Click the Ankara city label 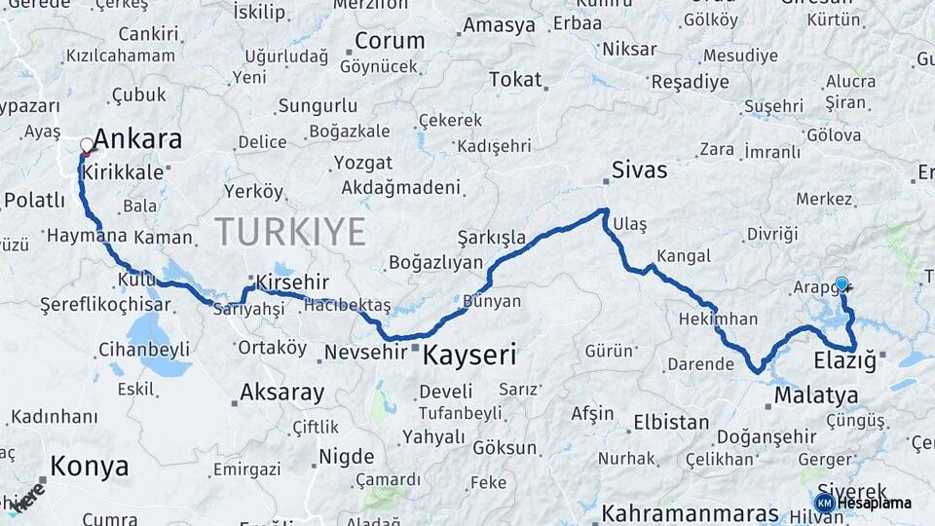[137, 139]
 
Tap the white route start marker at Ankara [87, 146]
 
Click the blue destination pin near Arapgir [841, 284]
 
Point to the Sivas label [639, 170]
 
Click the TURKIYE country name [290, 232]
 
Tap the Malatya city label [816, 395]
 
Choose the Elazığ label [846, 363]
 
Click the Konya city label [89, 466]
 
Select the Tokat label [515, 80]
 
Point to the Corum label [389, 41]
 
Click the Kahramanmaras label [694, 511]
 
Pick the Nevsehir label [362, 352]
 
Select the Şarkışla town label [492, 238]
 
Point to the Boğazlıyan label [435, 262]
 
